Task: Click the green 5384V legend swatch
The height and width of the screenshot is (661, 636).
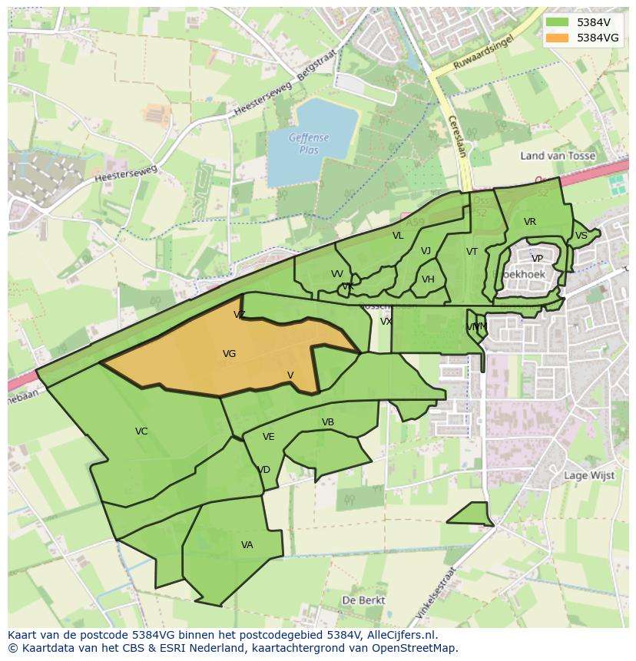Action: point(557,22)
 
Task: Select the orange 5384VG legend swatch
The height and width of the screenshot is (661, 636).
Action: point(557,38)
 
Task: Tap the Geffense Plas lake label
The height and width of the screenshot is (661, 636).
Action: point(309,144)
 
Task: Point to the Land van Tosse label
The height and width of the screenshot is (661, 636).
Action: point(557,156)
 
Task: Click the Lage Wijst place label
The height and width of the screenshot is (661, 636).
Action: point(589,475)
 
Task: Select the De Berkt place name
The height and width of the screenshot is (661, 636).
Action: point(363,600)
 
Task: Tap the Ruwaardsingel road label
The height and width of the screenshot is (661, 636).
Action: point(482,55)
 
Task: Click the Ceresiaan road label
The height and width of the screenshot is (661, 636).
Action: point(456,136)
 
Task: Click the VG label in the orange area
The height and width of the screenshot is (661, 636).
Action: point(229,354)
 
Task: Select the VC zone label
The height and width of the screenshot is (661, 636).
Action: point(141,431)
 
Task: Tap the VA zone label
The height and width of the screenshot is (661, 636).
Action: point(247,545)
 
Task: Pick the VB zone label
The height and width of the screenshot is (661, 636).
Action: point(328,422)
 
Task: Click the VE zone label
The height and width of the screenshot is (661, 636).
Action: point(268,437)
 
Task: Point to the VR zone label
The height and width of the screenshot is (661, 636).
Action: point(530,222)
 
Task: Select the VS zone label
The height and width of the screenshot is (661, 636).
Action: point(581,236)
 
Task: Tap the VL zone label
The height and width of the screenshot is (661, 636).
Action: point(398,236)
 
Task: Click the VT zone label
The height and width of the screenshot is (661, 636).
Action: point(472,252)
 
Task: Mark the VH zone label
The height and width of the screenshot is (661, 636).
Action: point(428,279)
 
